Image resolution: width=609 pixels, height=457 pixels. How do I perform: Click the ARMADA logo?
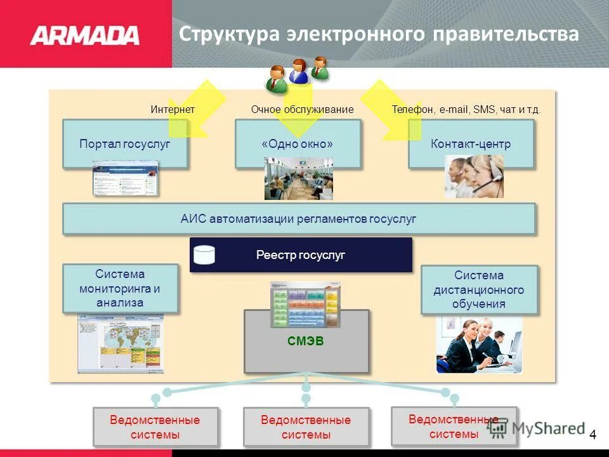84,35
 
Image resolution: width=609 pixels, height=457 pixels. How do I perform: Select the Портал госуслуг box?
125,144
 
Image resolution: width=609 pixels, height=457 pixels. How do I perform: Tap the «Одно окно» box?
298,144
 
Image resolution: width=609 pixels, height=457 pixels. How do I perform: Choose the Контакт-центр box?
471,144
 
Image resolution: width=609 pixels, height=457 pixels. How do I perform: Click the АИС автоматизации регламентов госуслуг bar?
299,219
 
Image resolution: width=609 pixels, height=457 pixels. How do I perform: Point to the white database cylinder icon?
204,255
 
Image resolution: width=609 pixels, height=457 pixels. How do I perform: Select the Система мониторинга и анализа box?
121,289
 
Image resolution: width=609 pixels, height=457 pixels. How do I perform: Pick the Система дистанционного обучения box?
479,289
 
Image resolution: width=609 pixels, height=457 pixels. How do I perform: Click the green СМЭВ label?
306,341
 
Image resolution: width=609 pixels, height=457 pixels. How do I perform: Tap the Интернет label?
173,110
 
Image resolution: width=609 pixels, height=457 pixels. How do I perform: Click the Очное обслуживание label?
302,110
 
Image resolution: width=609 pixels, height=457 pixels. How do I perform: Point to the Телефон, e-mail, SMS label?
466,110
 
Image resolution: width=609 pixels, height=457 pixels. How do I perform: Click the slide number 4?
593,435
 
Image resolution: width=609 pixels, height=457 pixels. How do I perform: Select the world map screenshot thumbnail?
120,343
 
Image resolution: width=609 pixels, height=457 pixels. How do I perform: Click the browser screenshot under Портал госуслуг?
125,178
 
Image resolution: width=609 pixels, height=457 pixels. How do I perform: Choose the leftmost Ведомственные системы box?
155,427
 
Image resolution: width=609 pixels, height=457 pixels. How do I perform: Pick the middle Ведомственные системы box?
306,427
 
